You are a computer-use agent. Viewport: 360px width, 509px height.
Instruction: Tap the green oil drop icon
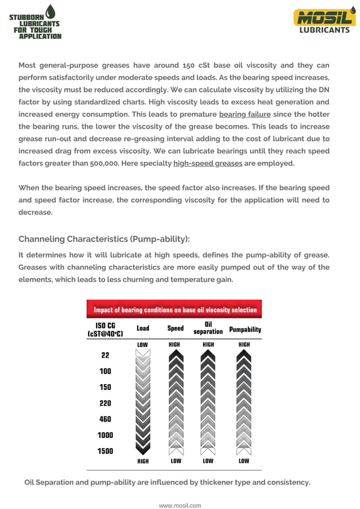click(x=51, y=11)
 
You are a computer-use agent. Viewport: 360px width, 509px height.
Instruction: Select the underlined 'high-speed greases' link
click(x=208, y=163)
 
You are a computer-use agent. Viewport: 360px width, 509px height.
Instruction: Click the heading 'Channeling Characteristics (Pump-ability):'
click(x=100, y=239)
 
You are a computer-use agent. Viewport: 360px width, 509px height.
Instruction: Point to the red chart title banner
click(x=174, y=309)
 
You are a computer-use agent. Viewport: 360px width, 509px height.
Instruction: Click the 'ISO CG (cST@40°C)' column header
click(x=106, y=330)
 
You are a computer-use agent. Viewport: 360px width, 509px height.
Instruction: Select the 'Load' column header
click(x=143, y=328)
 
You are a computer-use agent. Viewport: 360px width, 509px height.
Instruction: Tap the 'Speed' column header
click(x=175, y=328)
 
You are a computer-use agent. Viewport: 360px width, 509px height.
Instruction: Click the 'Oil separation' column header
click(x=208, y=328)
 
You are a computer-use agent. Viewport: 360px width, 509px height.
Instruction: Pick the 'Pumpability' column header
click(x=245, y=329)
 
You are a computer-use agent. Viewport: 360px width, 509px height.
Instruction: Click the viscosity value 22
click(x=106, y=356)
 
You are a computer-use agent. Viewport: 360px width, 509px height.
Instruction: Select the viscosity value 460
click(x=106, y=419)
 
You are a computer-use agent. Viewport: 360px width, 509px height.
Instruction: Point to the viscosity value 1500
click(x=106, y=451)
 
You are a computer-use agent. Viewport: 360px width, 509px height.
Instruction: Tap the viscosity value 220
click(x=106, y=403)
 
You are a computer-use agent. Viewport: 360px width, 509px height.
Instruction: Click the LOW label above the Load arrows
click(x=143, y=344)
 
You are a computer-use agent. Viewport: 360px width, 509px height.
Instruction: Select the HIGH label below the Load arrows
click(x=143, y=461)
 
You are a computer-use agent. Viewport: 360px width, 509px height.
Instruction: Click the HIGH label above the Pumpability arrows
click(x=244, y=344)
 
